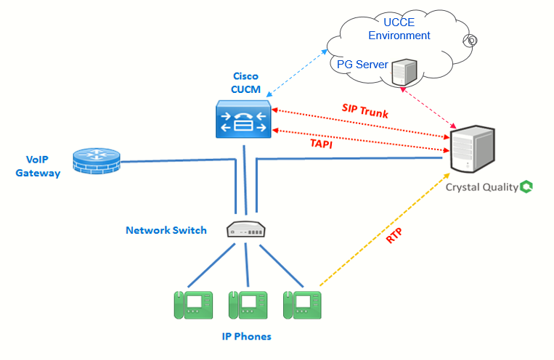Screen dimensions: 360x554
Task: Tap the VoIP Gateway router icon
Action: point(97,161)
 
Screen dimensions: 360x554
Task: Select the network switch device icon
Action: point(247,229)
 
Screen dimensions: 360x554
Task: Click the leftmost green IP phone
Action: point(192,304)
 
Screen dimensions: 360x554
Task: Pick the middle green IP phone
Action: point(248,304)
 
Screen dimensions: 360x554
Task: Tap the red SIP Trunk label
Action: point(365,110)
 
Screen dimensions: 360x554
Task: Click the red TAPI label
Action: point(325,144)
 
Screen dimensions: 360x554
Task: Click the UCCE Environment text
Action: point(399,28)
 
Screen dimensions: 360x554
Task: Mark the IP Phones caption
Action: point(247,337)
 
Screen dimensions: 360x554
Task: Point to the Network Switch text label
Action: point(166,230)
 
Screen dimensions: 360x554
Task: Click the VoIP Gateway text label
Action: point(38,167)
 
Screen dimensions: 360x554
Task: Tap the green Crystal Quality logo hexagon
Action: point(527,187)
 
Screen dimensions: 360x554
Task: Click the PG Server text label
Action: point(362,65)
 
